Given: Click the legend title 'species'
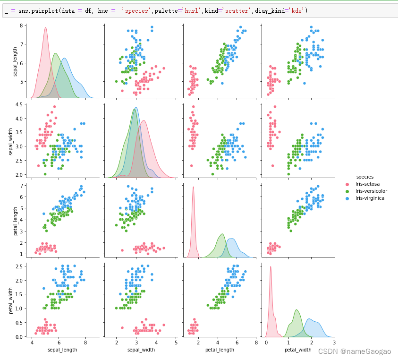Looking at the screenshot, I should (x=365, y=177).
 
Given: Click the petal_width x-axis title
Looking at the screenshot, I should (x=297, y=350).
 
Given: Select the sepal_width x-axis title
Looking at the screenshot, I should (x=140, y=350).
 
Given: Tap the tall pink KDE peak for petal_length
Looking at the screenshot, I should (x=193, y=187).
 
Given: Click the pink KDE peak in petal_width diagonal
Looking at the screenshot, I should (x=271, y=267).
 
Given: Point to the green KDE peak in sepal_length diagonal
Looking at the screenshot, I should (x=55, y=53).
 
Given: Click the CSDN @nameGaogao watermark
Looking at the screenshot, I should (x=355, y=351).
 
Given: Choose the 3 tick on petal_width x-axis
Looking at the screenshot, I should (x=334, y=343).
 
